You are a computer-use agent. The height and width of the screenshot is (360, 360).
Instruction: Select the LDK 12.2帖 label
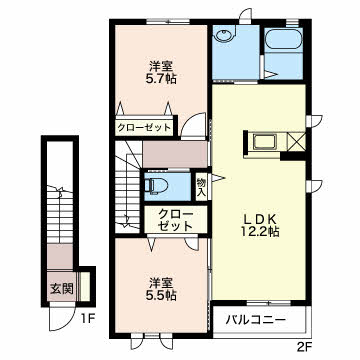pos(261,226)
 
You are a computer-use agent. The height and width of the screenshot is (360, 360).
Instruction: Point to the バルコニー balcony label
pos(255,321)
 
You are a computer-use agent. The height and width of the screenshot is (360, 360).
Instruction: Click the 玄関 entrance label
pos(62,289)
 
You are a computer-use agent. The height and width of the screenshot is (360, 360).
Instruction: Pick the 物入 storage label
pos(201,187)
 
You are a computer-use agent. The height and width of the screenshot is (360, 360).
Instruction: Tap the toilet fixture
pos(154,185)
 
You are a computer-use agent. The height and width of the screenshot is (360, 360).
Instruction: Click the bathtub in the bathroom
pos(283,40)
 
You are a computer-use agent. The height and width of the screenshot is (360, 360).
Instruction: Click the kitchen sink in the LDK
pos(265,143)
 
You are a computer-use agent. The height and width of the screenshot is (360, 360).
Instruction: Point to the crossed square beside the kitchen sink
pos(296,142)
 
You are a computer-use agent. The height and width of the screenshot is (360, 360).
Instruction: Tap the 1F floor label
pos(89,319)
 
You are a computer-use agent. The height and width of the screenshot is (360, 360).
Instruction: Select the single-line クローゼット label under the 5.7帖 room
pos(144,127)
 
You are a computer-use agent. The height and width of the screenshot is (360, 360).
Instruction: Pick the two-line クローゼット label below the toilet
pos(176,220)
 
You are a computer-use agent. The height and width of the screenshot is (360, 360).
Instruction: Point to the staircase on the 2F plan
pos(128,187)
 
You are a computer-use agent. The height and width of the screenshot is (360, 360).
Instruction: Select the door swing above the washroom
pos(246,16)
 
